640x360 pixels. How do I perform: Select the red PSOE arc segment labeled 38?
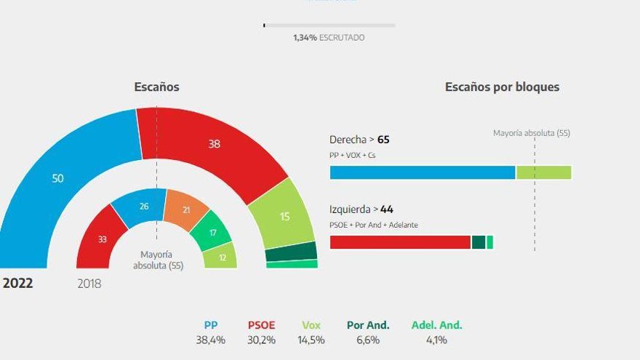(214, 144)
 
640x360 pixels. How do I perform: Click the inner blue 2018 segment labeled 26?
(144, 207)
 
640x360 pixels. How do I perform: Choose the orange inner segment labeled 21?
(186, 210)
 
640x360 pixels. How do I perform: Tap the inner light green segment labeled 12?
(221, 257)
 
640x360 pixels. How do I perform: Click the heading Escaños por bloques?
(502, 87)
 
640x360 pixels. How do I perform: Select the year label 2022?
(18, 284)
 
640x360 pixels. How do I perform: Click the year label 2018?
(89, 284)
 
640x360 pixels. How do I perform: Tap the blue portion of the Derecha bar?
(422, 172)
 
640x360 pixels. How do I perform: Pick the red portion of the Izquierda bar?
(400, 242)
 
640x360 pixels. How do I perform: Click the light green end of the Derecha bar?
(543, 172)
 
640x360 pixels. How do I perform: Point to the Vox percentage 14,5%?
(311, 340)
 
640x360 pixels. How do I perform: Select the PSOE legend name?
(261, 325)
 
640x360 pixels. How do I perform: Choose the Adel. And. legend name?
(436, 325)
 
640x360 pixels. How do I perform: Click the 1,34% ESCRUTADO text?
(329, 37)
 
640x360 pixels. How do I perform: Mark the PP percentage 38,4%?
(211, 340)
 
